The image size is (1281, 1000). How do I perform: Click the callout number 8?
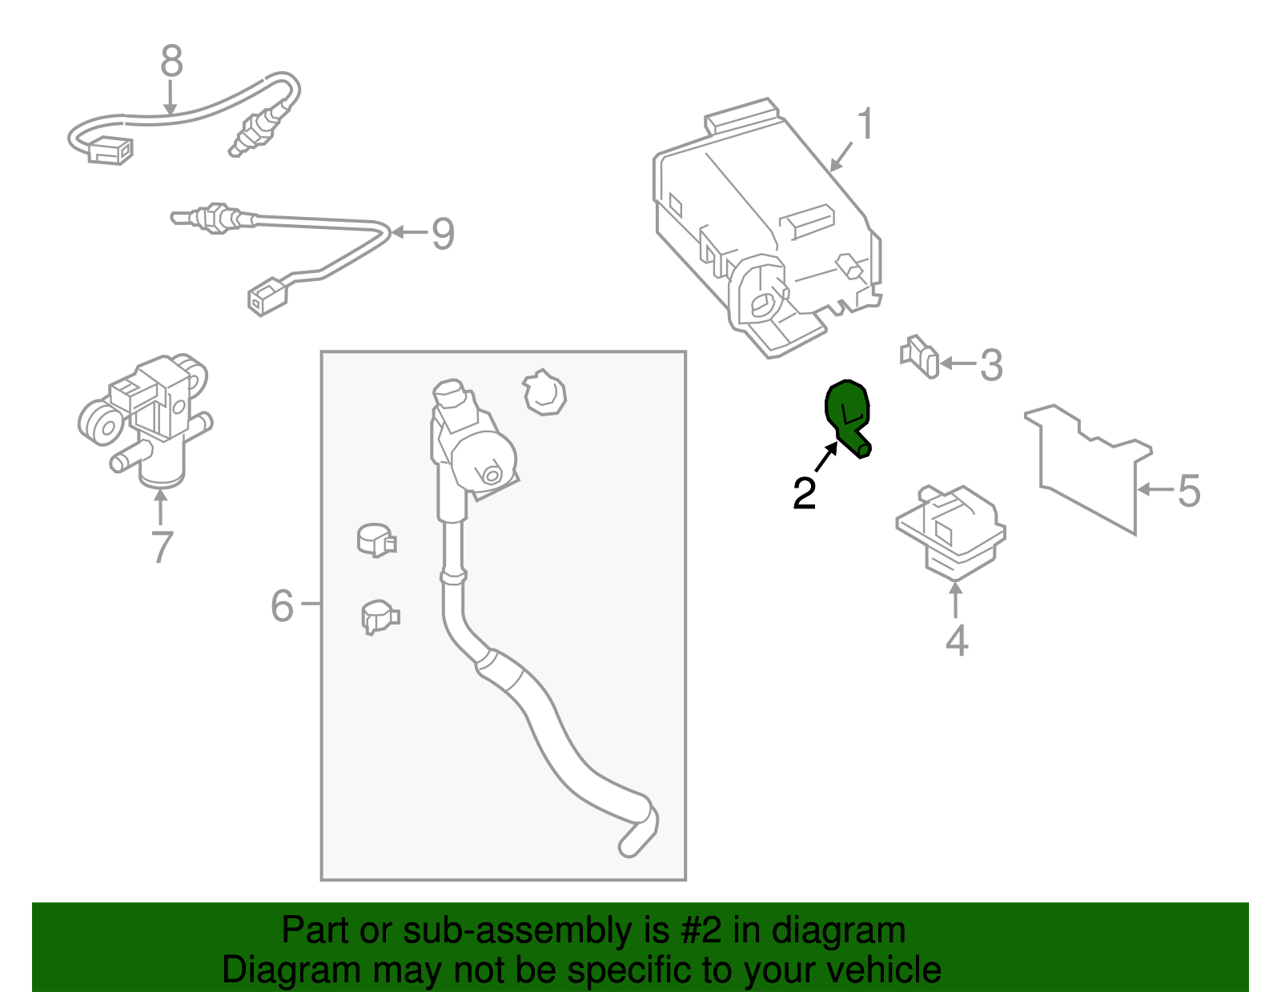click(171, 61)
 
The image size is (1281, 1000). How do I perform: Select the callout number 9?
click(444, 233)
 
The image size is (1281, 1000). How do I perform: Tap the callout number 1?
click(865, 123)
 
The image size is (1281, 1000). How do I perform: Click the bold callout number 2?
click(804, 493)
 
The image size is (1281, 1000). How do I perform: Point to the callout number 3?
click(991, 365)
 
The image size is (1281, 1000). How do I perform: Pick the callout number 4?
click(957, 640)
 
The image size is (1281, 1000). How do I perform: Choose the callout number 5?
click(1189, 491)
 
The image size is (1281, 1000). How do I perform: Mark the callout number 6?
click(282, 605)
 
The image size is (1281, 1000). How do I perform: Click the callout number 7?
click(163, 547)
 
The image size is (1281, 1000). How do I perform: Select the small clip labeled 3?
click(920, 356)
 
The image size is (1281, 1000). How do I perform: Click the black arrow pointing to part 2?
click(826, 456)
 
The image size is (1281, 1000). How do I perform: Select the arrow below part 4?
click(956, 599)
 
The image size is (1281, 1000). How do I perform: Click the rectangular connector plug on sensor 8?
click(110, 150)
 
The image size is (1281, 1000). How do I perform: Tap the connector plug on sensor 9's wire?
click(267, 297)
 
